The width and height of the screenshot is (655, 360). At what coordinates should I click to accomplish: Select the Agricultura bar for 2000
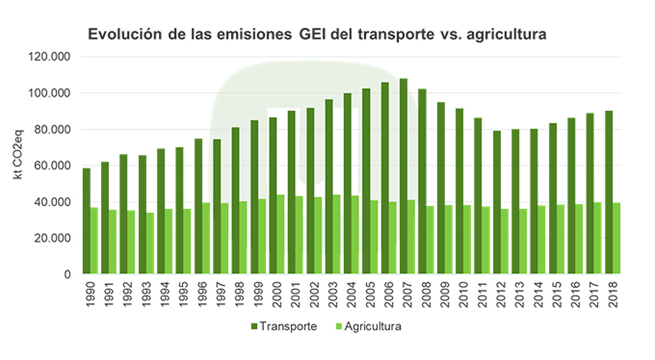click(x=281, y=234)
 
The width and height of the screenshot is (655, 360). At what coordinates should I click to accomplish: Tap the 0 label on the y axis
click(x=68, y=275)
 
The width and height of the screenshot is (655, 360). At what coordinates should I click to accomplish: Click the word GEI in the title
click(x=313, y=35)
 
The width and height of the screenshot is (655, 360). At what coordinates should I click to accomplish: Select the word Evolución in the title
click(x=121, y=35)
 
